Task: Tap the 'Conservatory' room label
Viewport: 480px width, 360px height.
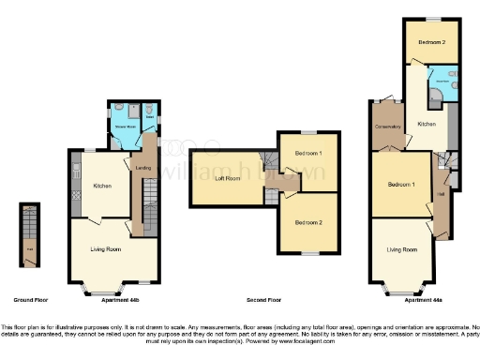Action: coord(387,127)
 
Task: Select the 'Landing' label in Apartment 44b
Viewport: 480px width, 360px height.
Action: coord(143,168)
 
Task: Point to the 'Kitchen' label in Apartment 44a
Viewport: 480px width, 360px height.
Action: coord(427,124)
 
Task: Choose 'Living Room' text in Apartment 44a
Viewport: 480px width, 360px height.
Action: coord(401,249)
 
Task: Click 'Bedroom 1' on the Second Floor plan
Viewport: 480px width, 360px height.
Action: coord(307,153)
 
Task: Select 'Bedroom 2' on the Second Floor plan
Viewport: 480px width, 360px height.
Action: coord(307,222)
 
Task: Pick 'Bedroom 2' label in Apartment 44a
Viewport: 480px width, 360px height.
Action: coord(430,42)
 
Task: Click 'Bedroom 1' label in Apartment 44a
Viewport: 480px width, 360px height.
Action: coord(400,185)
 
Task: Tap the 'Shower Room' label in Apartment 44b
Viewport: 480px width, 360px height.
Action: coord(125,126)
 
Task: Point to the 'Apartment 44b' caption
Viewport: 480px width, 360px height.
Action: coord(109,299)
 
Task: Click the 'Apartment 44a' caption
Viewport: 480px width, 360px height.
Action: coord(423,299)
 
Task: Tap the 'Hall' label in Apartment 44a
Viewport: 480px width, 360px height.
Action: coord(440,194)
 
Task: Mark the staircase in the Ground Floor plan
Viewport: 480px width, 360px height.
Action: coord(31,225)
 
